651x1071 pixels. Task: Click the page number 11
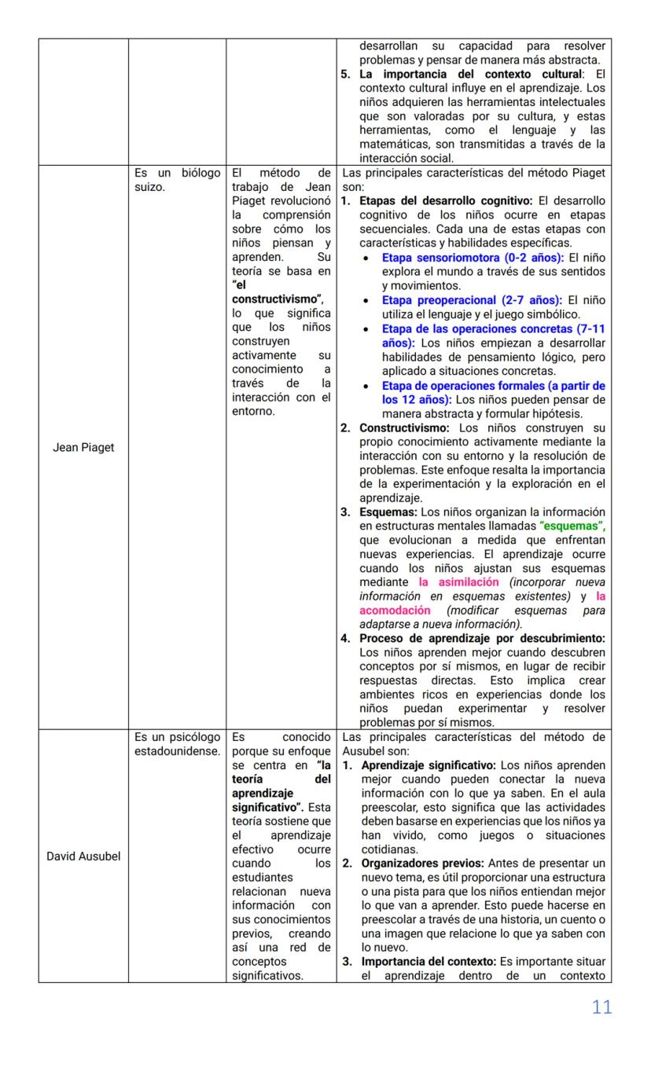pyautogui.click(x=601, y=1007)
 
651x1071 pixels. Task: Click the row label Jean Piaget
pyautogui.click(x=83, y=447)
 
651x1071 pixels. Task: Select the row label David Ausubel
pyautogui.click(x=83, y=856)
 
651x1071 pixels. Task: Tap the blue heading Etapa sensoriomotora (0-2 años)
pyautogui.click(x=473, y=257)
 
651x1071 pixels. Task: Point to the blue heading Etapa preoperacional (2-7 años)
pyautogui.click(x=472, y=299)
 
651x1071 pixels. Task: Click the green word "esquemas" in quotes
pyautogui.click(x=572, y=526)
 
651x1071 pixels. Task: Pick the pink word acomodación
pyautogui.click(x=395, y=610)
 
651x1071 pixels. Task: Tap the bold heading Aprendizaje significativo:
pyautogui.click(x=428, y=765)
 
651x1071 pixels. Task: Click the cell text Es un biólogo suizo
pyautogui.click(x=177, y=180)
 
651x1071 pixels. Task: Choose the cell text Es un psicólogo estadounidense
pyautogui.click(x=177, y=744)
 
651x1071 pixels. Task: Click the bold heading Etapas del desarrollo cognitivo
pyautogui.click(x=446, y=200)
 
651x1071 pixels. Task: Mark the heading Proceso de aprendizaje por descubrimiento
pyautogui.click(x=482, y=638)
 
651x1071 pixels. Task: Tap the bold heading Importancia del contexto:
pyautogui.click(x=427, y=961)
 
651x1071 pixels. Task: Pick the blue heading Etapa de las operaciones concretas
pyautogui.click(x=493, y=328)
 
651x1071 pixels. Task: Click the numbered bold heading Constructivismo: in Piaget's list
pyautogui.click(x=403, y=427)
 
